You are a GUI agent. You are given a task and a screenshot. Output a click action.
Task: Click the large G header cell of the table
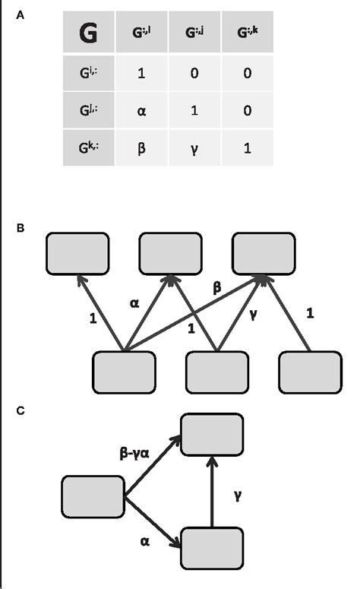(89, 34)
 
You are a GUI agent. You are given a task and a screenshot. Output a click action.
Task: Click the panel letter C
(21, 410)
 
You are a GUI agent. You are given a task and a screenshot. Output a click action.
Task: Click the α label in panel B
(135, 302)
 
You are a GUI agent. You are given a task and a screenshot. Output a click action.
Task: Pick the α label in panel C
(144, 542)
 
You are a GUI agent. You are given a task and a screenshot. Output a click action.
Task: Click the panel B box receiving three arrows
(263, 252)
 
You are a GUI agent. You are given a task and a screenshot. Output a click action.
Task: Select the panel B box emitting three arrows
(123, 373)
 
